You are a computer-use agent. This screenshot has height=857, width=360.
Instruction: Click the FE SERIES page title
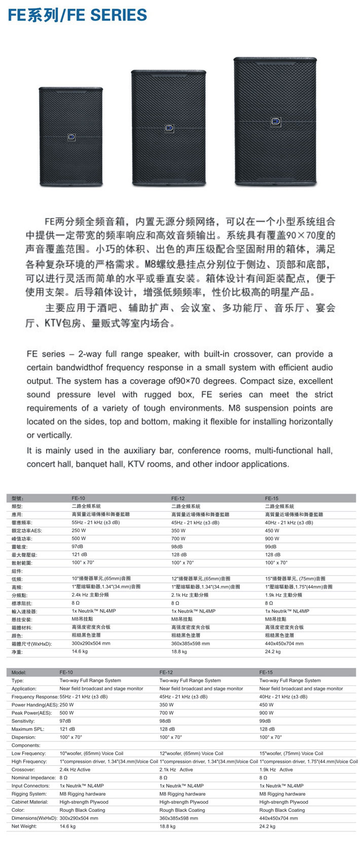[78, 15]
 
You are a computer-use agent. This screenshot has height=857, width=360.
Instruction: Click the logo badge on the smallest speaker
[71, 137]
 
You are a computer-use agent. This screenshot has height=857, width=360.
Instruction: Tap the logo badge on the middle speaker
[169, 129]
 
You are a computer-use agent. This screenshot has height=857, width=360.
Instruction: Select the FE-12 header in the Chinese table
[178, 498]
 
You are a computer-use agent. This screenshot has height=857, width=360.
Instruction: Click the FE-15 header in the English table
[266, 673]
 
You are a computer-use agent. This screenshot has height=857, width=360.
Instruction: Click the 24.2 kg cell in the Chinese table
[273, 652]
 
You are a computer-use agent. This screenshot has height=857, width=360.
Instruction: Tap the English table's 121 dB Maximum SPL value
[67, 729]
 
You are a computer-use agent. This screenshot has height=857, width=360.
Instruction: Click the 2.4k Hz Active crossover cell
[75, 769]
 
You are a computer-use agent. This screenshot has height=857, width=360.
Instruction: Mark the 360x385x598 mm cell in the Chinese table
[191, 644]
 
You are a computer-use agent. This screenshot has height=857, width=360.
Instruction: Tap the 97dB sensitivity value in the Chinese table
[77, 547]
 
